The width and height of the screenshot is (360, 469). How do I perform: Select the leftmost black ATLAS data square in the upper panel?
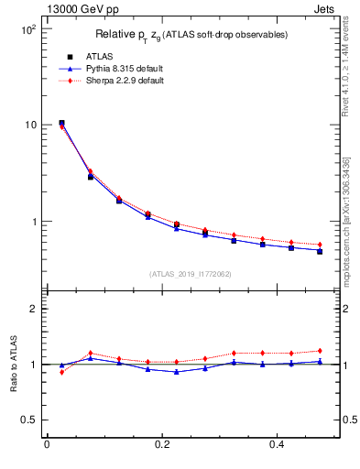[61, 123]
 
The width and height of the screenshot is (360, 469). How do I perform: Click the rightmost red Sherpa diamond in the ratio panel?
[320, 350]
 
